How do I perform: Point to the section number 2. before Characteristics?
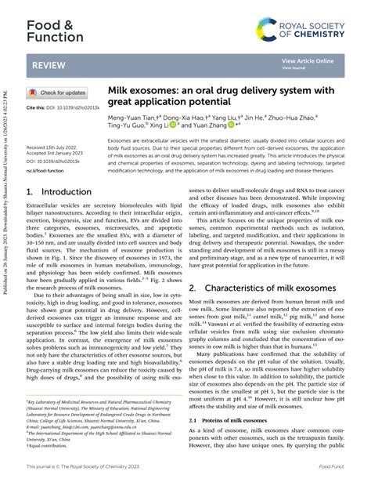[x=192, y=267]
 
